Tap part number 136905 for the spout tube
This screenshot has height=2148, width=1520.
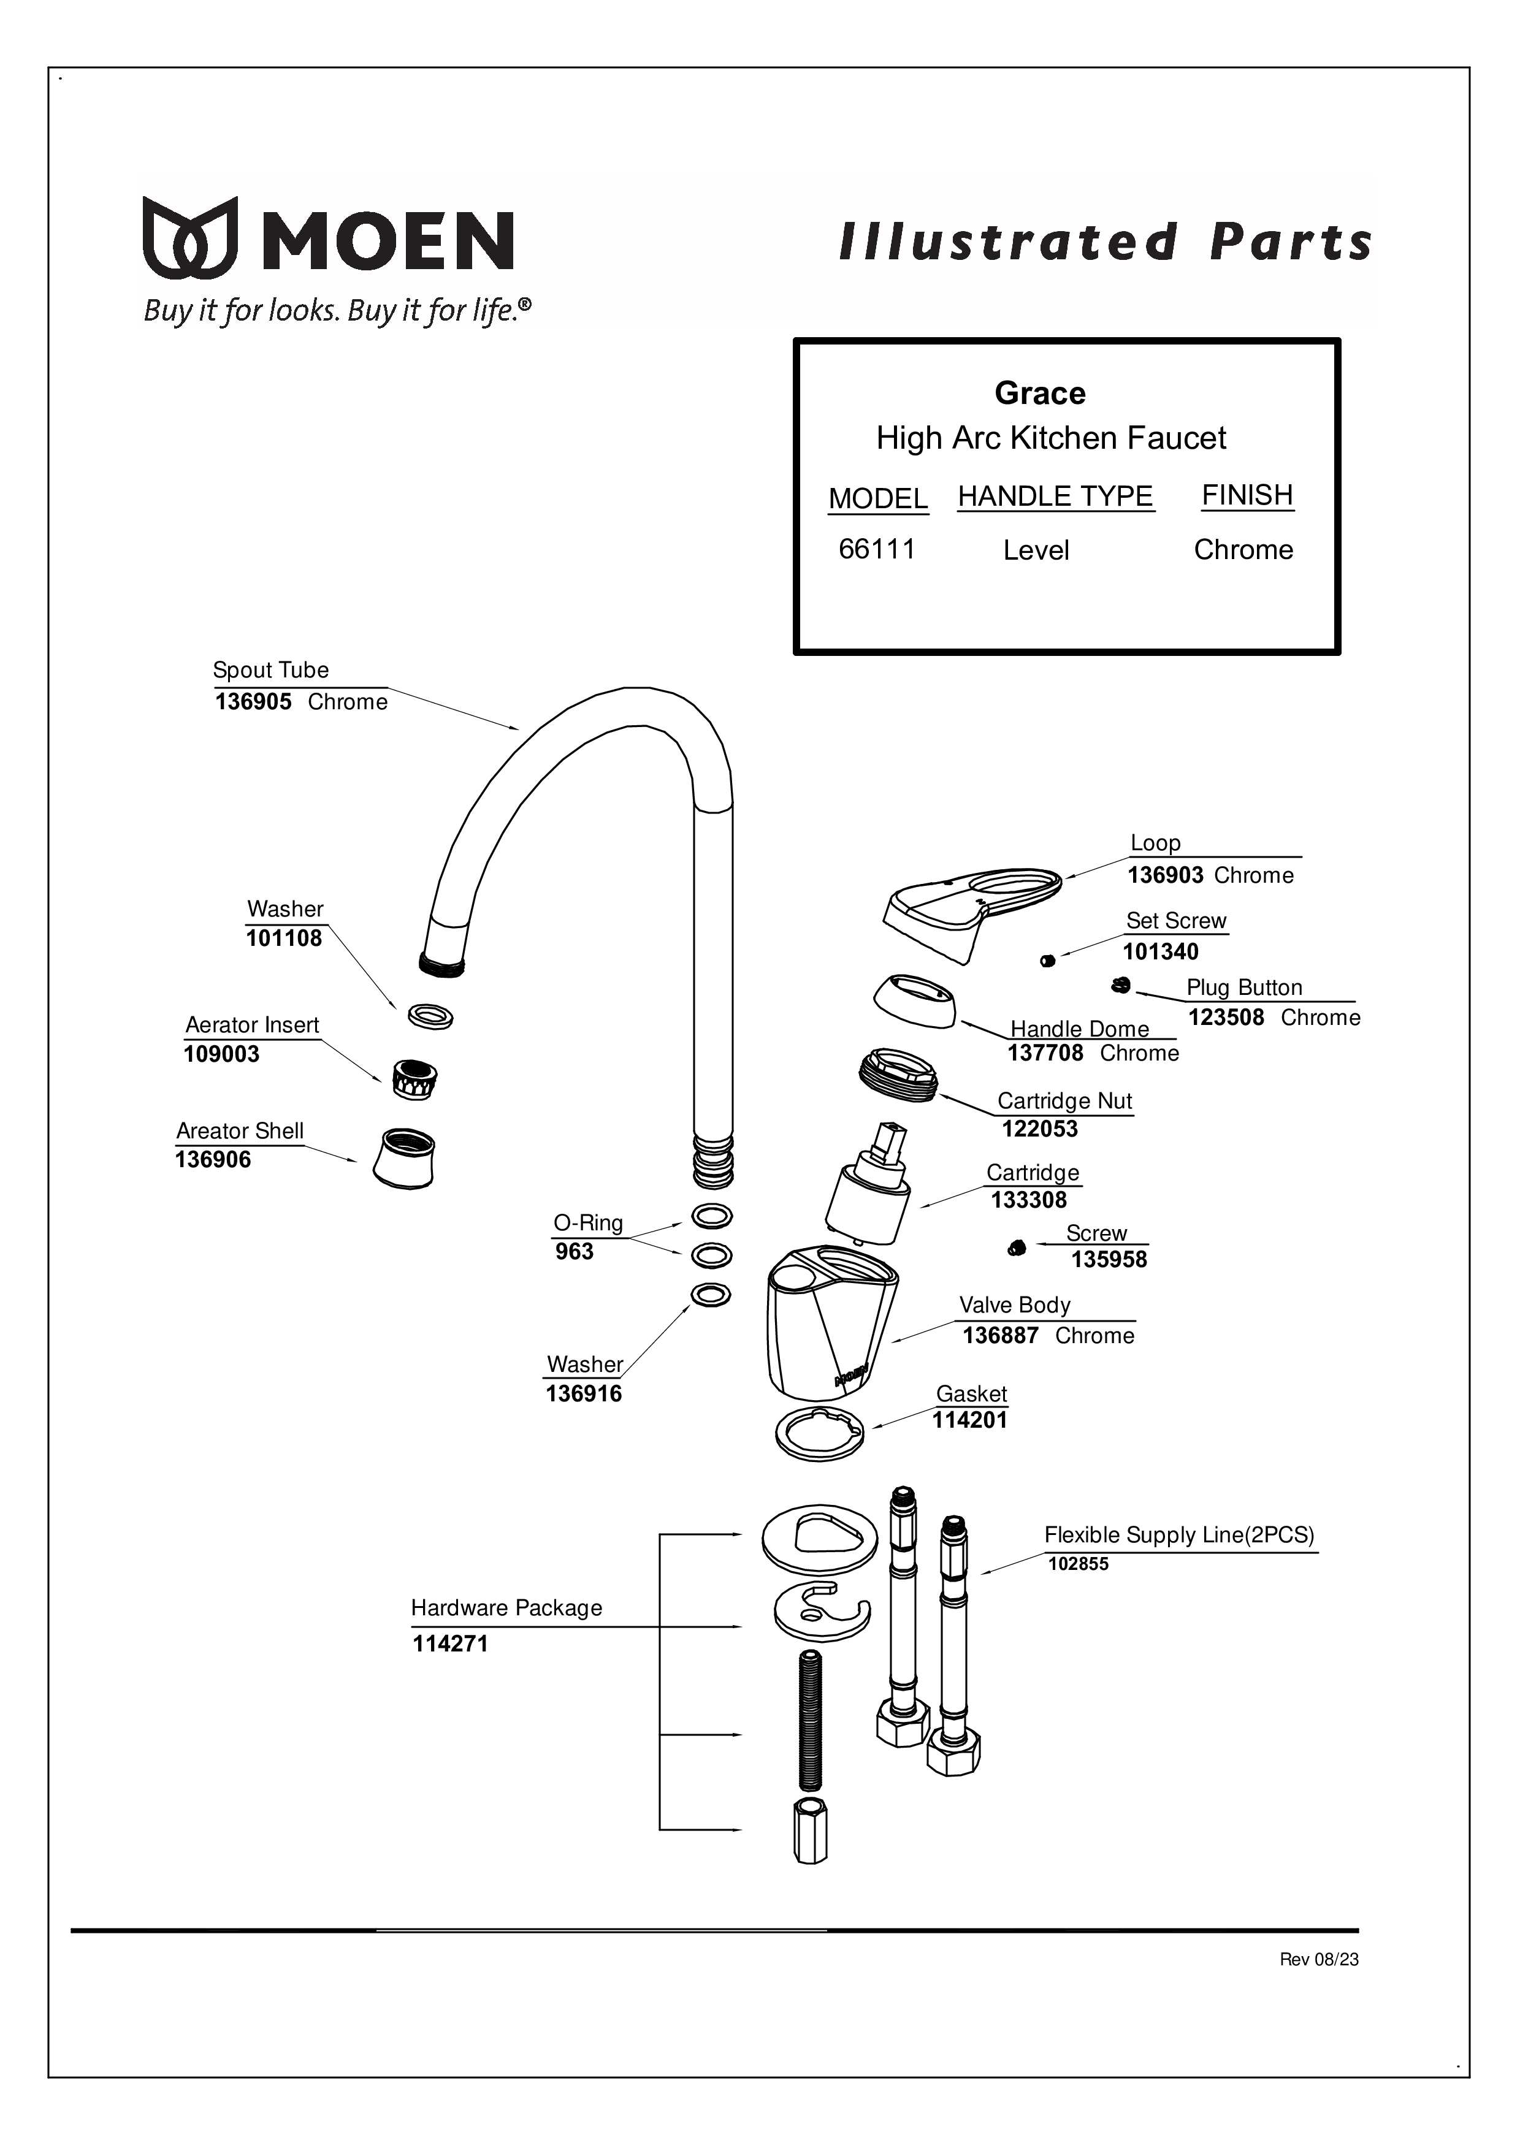(x=254, y=702)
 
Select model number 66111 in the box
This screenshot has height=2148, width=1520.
(x=877, y=549)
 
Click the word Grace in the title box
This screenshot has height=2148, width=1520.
(x=1040, y=393)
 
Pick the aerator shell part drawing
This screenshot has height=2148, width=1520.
(x=404, y=1157)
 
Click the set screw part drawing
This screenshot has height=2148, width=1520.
(x=1047, y=960)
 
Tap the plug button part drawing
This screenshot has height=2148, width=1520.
(x=1120, y=985)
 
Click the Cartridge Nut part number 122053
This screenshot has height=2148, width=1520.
(x=1040, y=1129)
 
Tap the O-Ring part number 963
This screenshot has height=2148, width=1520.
(x=574, y=1252)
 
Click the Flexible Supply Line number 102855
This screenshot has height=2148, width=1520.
(x=1079, y=1564)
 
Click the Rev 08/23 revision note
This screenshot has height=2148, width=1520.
(x=1319, y=1960)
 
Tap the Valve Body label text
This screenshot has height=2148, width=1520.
(x=1015, y=1305)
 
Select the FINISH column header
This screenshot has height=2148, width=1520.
(x=1247, y=495)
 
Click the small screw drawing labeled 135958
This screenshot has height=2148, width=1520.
(x=1017, y=1248)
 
